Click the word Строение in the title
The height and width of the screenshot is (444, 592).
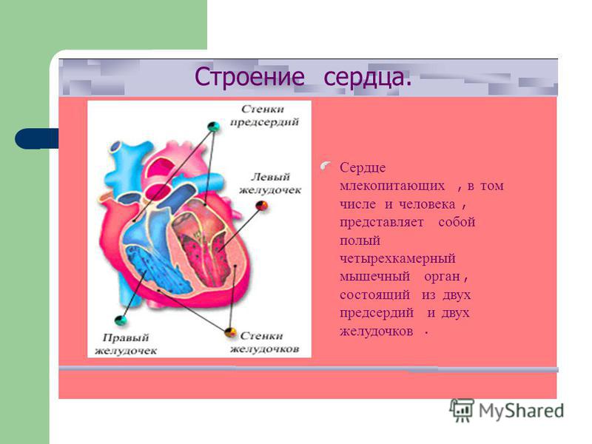(x=249, y=78)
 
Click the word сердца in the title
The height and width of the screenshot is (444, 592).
(x=367, y=78)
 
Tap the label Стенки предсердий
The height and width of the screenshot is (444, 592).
(x=264, y=115)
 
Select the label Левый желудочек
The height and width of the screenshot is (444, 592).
(x=270, y=184)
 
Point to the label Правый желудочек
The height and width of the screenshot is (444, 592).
(x=125, y=344)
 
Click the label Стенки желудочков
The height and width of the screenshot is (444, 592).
(x=265, y=343)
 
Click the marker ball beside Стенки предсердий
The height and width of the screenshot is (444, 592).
(x=213, y=126)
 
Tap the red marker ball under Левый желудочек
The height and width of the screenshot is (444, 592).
(x=262, y=206)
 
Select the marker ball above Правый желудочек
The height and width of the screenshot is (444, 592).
(x=121, y=320)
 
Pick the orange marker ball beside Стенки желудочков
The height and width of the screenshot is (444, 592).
(x=230, y=332)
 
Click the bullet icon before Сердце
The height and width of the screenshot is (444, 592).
(x=326, y=165)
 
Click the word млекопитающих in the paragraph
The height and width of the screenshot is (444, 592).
(x=392, y=186)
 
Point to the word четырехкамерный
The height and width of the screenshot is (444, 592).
(x=397, y=258)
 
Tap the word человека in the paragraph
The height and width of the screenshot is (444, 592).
(x=427, y=204)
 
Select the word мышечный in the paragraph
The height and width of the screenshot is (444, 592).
(x=374, y=277)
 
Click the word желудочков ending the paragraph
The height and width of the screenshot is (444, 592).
(x=376, y=331)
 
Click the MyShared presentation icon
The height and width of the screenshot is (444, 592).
(x=462, y=410)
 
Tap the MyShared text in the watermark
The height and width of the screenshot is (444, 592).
(x=522, y=411)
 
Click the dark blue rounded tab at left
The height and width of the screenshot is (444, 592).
(x=36, y=138)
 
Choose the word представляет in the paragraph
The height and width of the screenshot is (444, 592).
(x=381, y=223)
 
